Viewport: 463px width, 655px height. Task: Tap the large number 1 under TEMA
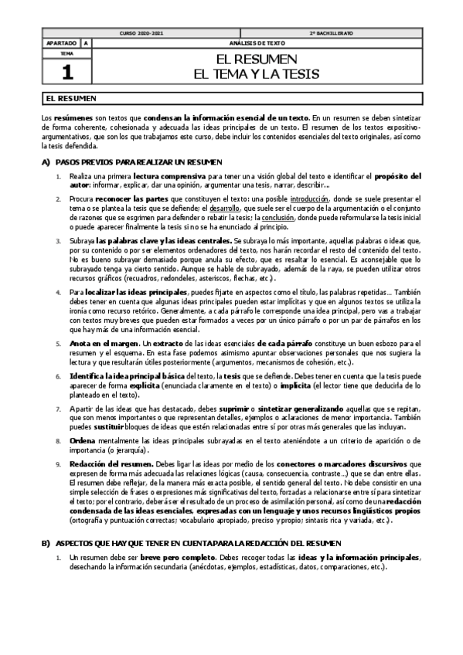coord(66,72)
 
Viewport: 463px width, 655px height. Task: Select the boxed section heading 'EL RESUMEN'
coord(71,99)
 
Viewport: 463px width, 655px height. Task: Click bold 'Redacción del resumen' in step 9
coord(107,463)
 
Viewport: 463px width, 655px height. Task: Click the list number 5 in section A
coord(58,343)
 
